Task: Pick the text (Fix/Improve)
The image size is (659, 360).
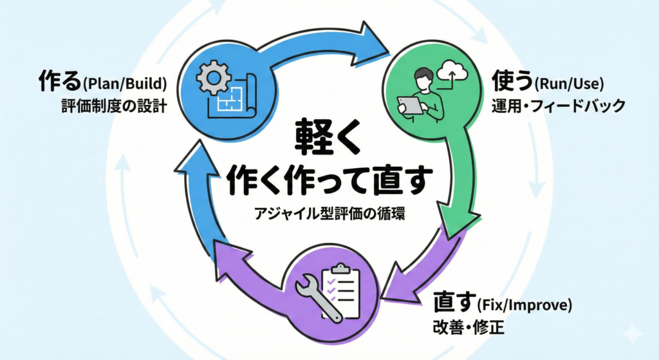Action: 525,303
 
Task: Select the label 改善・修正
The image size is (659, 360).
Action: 469,328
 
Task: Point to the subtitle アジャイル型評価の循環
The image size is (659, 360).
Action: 329,214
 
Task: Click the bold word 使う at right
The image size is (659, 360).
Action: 512,82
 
